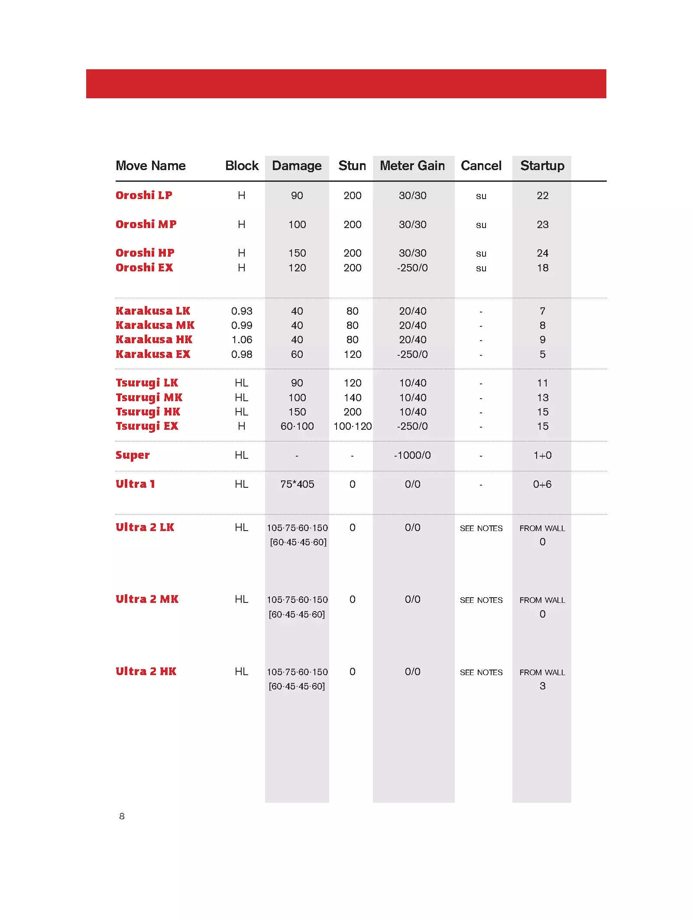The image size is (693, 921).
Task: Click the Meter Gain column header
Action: coord(412,166)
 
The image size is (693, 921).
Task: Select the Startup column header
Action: coord(542,166)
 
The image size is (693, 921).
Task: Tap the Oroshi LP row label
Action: coord(144,195)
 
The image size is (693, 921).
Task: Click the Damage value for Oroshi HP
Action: coord(297,253)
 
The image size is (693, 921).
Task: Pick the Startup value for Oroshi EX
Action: coord(542,268)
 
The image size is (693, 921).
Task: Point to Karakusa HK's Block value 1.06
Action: coord(242,340)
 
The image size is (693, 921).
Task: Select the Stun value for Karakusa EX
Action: coord(353,354)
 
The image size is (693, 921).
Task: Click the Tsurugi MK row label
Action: coord(149,397)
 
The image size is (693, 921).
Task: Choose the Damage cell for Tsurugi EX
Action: coord(297,426)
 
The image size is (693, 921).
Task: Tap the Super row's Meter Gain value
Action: coord(412,455)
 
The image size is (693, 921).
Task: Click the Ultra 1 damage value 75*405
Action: coord(297,484)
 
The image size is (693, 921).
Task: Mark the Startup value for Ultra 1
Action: coord(542,484)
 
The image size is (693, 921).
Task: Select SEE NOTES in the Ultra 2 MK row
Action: coord(481,600)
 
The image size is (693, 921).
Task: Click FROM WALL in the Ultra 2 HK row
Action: coord(542,673)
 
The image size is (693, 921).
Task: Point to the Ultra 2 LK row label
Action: coord(145,527)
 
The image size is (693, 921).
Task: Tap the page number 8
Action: coord(122,816)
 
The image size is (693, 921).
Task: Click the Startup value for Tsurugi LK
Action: coord(542,383)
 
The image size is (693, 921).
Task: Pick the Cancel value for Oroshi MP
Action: coord(481,225)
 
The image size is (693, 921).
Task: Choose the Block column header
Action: coord(242,166)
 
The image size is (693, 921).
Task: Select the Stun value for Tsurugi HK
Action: coord(353,412)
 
